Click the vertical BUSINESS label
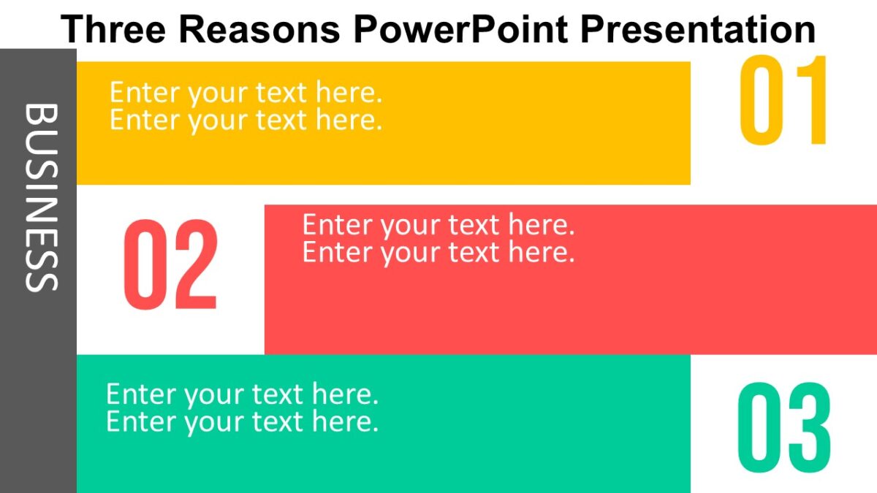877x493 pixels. tap(40, 197)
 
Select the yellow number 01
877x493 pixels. tap(784, 102)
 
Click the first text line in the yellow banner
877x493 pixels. tap(246, 93)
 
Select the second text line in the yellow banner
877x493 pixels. tap(246, 119)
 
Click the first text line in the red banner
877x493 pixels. tap(438, 225)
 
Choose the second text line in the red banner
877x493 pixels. tap(438, 252)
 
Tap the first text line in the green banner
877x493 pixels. tap(242, 394)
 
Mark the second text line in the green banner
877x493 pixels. tap(242, 421)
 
